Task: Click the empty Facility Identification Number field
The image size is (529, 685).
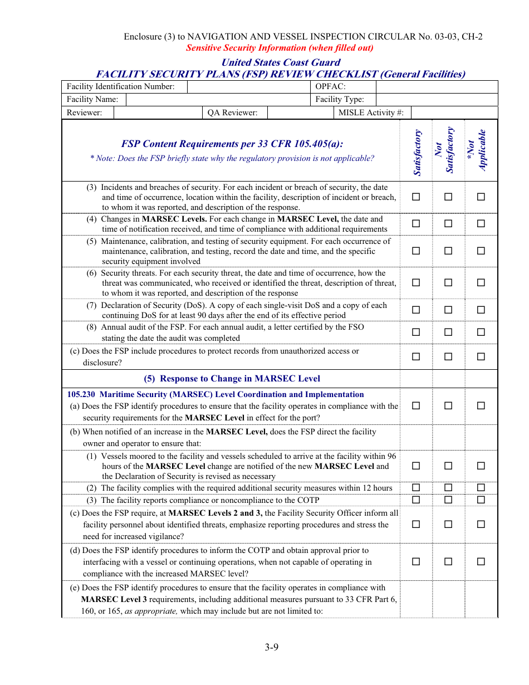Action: [248, 86]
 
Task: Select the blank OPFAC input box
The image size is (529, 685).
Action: [437, 86]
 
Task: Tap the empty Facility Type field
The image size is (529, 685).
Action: [437, 100]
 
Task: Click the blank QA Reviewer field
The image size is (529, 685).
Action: [300, 113]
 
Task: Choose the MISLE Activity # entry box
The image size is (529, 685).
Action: [454, 113]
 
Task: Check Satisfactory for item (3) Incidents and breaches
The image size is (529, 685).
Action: [416, 197]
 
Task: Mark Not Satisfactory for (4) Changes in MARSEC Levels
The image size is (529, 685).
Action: [448, 224]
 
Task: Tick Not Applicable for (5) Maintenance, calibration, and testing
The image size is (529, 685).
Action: [481, 251]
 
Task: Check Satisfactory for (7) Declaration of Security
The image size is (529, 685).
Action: [416, 310]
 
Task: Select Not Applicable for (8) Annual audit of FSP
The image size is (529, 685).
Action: [481, 332]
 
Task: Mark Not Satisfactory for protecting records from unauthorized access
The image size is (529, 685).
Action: [448, 356]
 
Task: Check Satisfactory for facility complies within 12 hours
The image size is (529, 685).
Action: [416, 488]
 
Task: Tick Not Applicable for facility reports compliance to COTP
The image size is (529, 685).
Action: [481, 500]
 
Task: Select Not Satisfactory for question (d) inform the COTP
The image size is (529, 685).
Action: [448, 561]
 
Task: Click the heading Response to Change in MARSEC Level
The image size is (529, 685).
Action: [232, 379]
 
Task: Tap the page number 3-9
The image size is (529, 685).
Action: [271, 647]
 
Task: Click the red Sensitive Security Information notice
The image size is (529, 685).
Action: [280, 48]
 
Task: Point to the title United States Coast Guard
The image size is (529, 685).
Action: [281, 62]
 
